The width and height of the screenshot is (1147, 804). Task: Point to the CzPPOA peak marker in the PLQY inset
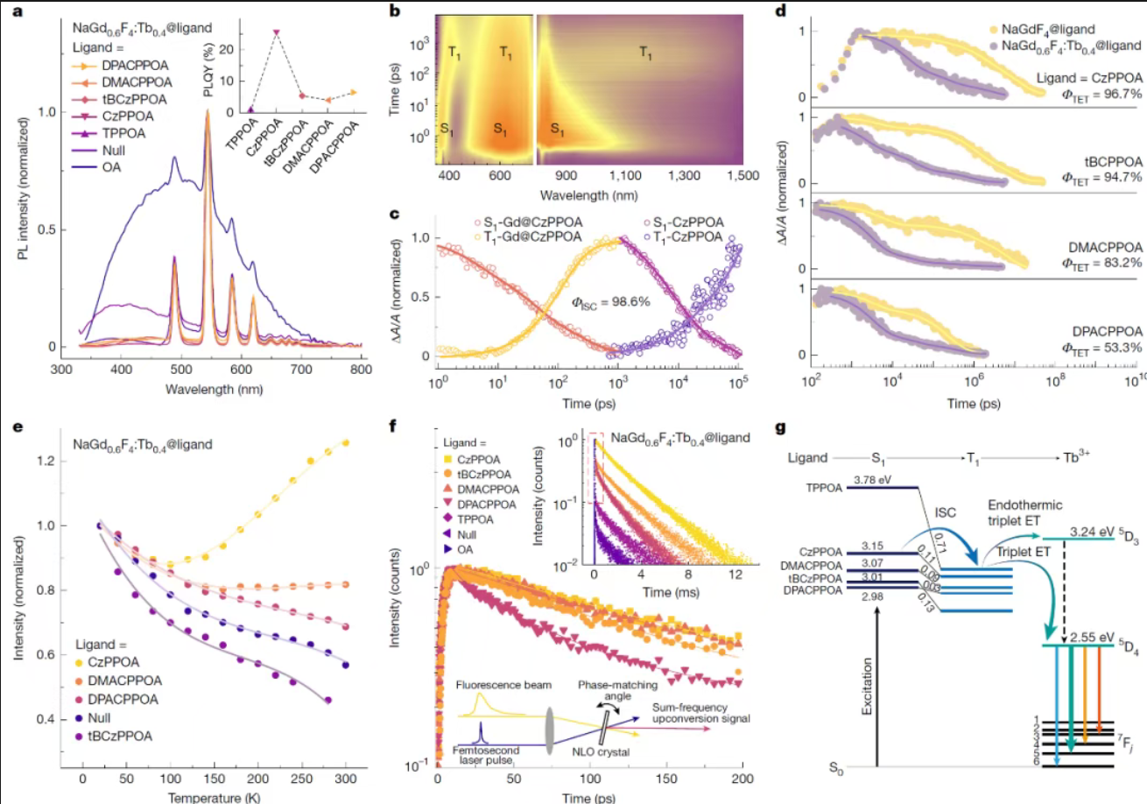point(276,32)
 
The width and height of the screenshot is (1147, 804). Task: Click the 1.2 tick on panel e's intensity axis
point(48,461)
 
